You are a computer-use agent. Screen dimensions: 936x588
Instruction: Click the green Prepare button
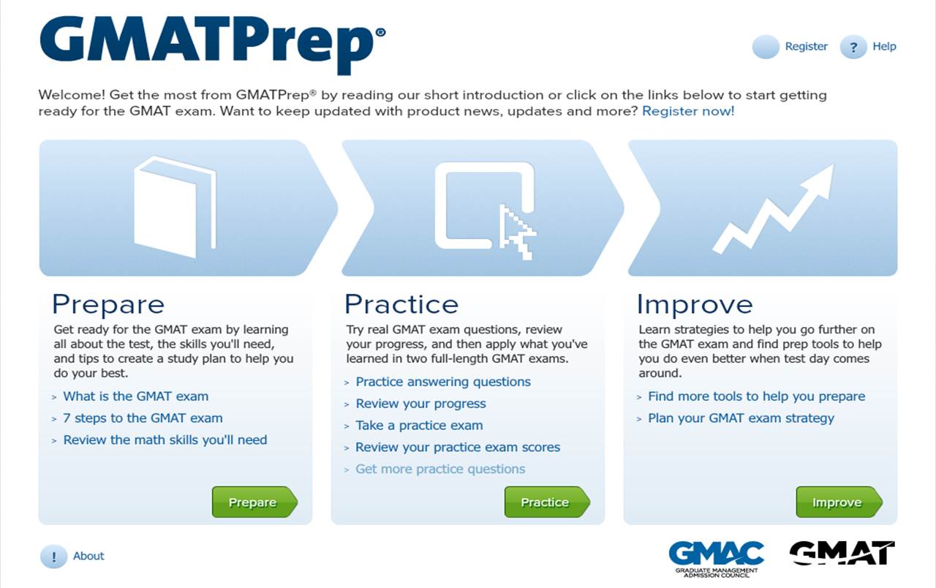254,502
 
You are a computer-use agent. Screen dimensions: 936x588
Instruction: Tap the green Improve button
839,502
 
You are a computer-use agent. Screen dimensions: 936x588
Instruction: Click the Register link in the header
806,46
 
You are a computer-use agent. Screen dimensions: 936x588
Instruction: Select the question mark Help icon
853,47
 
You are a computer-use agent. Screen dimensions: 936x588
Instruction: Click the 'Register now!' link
688,111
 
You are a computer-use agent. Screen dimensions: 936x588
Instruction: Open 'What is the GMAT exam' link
136,396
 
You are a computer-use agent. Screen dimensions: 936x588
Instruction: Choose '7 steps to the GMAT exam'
143,418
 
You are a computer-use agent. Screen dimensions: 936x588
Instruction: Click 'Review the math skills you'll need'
165,440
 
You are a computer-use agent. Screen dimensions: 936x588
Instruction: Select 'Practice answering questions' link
443,382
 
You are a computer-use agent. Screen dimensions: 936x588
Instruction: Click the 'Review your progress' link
420,404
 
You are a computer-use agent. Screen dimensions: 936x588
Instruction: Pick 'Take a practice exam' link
419,426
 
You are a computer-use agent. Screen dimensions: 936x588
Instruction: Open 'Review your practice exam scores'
458,447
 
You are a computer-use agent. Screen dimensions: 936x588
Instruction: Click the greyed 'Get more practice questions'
440,469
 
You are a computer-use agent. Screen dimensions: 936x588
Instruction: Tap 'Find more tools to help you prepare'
756,396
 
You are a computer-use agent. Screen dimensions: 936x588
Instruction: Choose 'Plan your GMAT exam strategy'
741,418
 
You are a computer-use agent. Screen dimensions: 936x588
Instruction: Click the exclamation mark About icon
53,557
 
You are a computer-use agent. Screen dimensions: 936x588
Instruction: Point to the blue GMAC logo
716,559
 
